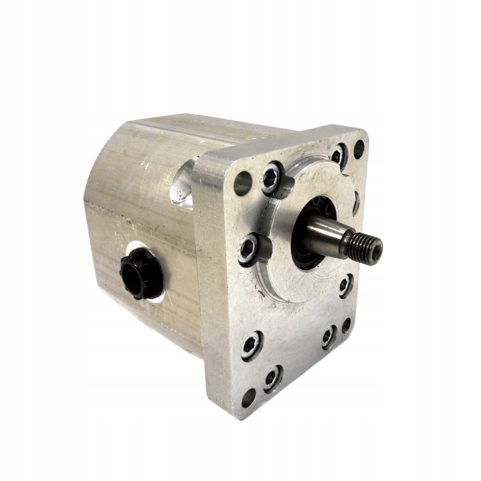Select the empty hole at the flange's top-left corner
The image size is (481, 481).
(x=243, y=183)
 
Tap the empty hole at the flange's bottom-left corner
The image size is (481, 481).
(x=248, y=397)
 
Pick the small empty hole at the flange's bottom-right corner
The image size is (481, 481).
(x=346, y=325)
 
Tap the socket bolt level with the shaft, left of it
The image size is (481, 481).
(x=248, y=248)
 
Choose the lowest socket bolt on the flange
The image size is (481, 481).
(x=272, y=378)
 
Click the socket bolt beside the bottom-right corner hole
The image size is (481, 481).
(x=328, y=337)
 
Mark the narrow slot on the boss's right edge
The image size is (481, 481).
(x=357, y=201)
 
